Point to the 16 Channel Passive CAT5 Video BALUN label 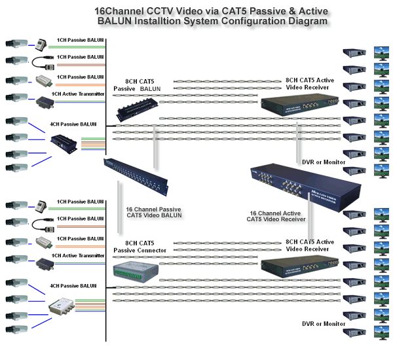tap(153, 213)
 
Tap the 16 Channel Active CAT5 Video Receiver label tap(276, 216)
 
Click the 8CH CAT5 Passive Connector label tap(140, 246)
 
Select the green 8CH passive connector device tap(135, 270)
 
